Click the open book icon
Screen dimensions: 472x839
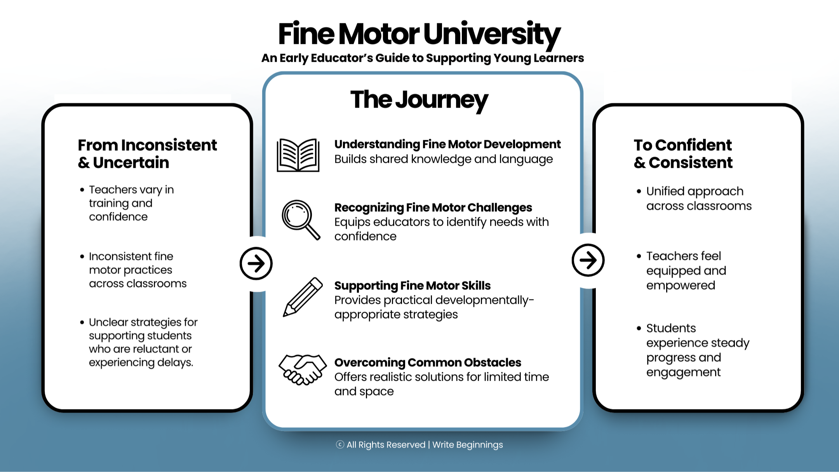coord(298,155)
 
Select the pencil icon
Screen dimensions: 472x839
coord(303,297)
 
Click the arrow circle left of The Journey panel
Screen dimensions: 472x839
coord(256,263)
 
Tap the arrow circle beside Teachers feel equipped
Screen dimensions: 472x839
coord(588,260)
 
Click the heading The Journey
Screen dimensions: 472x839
coord(419,100)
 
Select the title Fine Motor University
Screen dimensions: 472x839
coord(419,34)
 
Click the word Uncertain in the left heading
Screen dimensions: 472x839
coord(131,162)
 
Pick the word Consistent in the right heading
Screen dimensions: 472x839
coord(691,162)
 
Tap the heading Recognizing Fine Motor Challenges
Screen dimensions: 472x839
coord(433,207)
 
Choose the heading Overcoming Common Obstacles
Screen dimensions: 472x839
coord(427,362)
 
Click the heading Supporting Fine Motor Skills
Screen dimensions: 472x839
coord(412,286)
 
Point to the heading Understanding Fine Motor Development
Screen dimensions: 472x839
coord(447,144)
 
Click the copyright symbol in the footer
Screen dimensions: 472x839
coord(340,445)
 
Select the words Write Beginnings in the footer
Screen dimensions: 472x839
coord(467,445)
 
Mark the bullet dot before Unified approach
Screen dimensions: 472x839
coord(639,191)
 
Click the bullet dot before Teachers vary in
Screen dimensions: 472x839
coord(82,190)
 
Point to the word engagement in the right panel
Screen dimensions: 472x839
coord(683,372)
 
